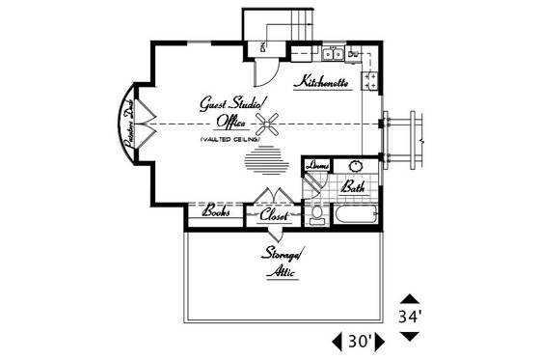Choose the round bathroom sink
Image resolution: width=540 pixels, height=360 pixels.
355,165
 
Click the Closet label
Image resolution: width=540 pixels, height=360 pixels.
275,215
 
